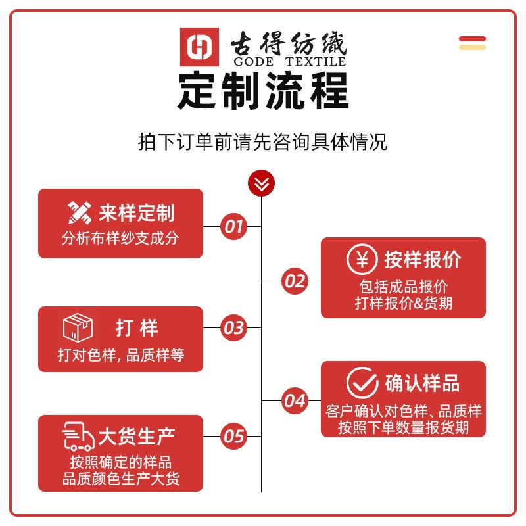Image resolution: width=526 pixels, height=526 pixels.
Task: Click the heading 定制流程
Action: click(263, 92)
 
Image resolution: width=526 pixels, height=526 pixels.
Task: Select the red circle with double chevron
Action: click(261, 183)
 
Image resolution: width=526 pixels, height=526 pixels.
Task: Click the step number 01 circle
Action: click(233, 227)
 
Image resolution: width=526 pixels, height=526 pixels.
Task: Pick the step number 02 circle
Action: click(295, 281)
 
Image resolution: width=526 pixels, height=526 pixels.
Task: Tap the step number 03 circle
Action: click(233, 327)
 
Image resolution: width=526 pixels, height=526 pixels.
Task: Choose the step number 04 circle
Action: click(295, 400)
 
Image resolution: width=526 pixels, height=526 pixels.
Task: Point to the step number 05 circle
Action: click(233, 436)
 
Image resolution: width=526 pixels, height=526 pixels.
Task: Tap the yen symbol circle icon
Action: click(362, 259)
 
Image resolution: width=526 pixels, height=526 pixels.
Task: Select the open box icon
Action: click(78, 327)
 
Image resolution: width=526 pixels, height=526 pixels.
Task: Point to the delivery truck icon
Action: click(78, 437)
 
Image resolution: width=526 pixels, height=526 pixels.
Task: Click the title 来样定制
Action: click(137, 213)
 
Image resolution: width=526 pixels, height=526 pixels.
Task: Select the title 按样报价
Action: click(423, 260)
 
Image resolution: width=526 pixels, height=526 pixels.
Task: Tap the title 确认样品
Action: click(423, 383)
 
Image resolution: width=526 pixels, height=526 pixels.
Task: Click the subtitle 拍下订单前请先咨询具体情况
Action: click(263, 142)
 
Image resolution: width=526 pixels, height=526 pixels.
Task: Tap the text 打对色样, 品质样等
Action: click(121, 356)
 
